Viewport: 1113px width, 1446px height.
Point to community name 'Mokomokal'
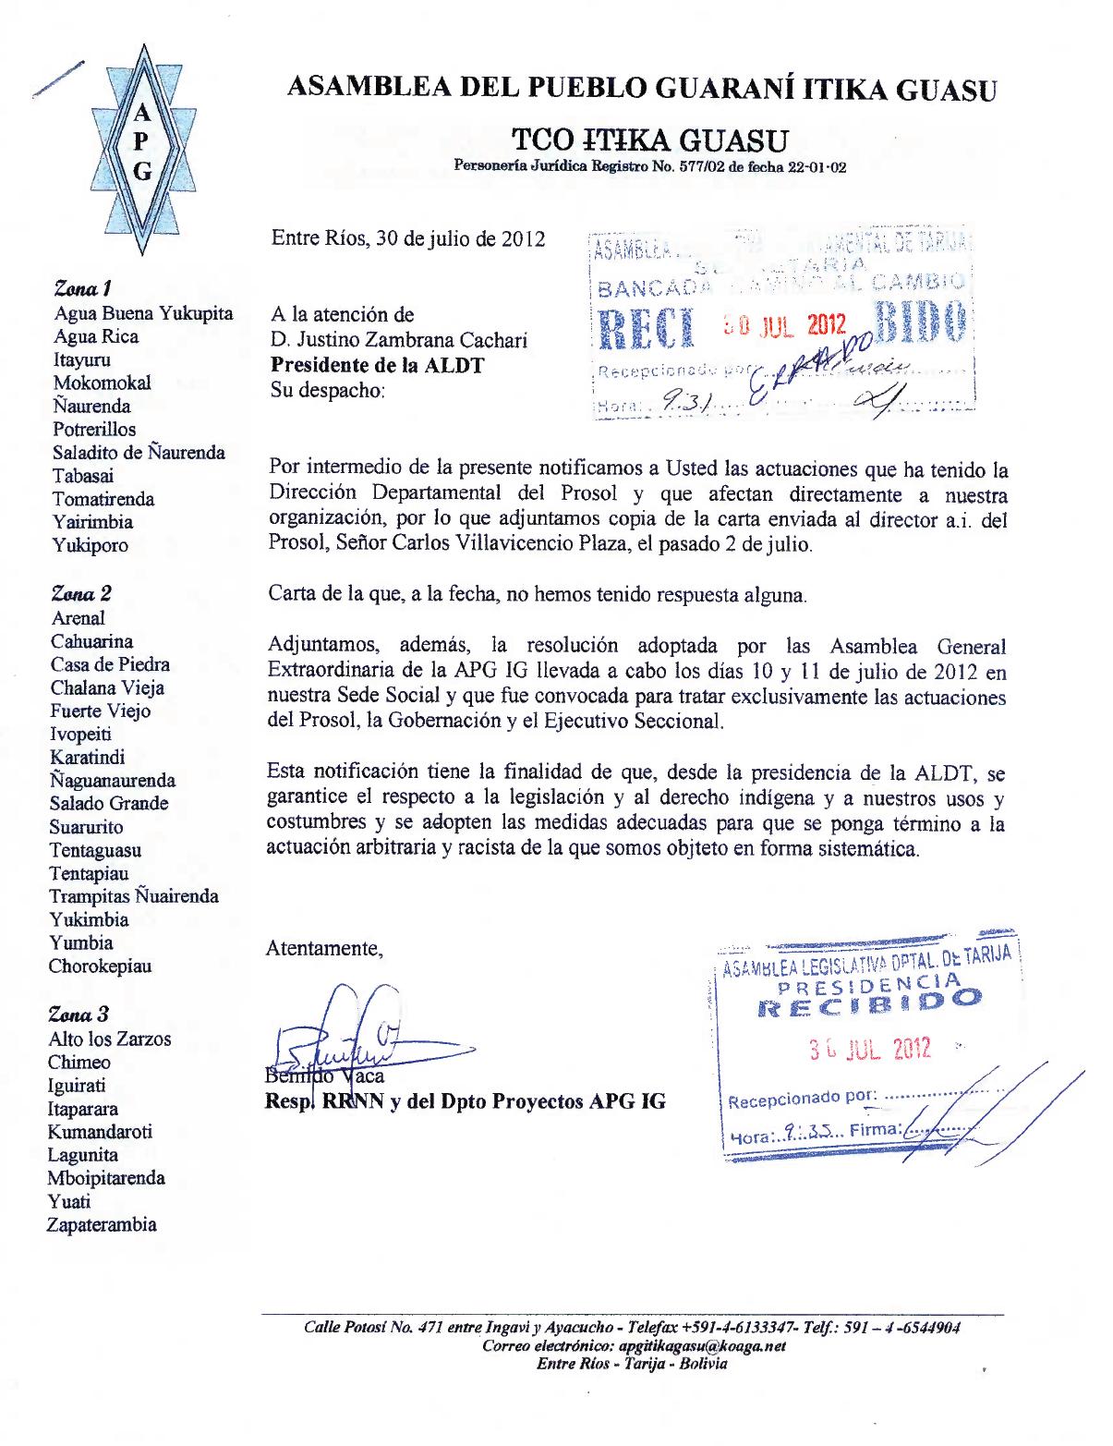(x=102, y=383)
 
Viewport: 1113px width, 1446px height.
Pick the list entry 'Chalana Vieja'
(x=107, y=687)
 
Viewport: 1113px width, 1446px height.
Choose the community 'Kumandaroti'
(x=100, y=1132)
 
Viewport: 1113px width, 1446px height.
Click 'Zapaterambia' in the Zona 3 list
(x=102, y=1225)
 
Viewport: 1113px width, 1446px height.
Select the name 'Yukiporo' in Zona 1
(x=91, y=545)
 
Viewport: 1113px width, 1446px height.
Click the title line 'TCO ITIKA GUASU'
(x=650, y=140)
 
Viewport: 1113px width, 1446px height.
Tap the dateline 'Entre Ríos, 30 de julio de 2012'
(x=407, y=238)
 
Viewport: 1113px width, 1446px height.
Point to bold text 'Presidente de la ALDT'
(x=377, y=365)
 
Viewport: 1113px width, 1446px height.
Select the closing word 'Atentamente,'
(x=323, y=948)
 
